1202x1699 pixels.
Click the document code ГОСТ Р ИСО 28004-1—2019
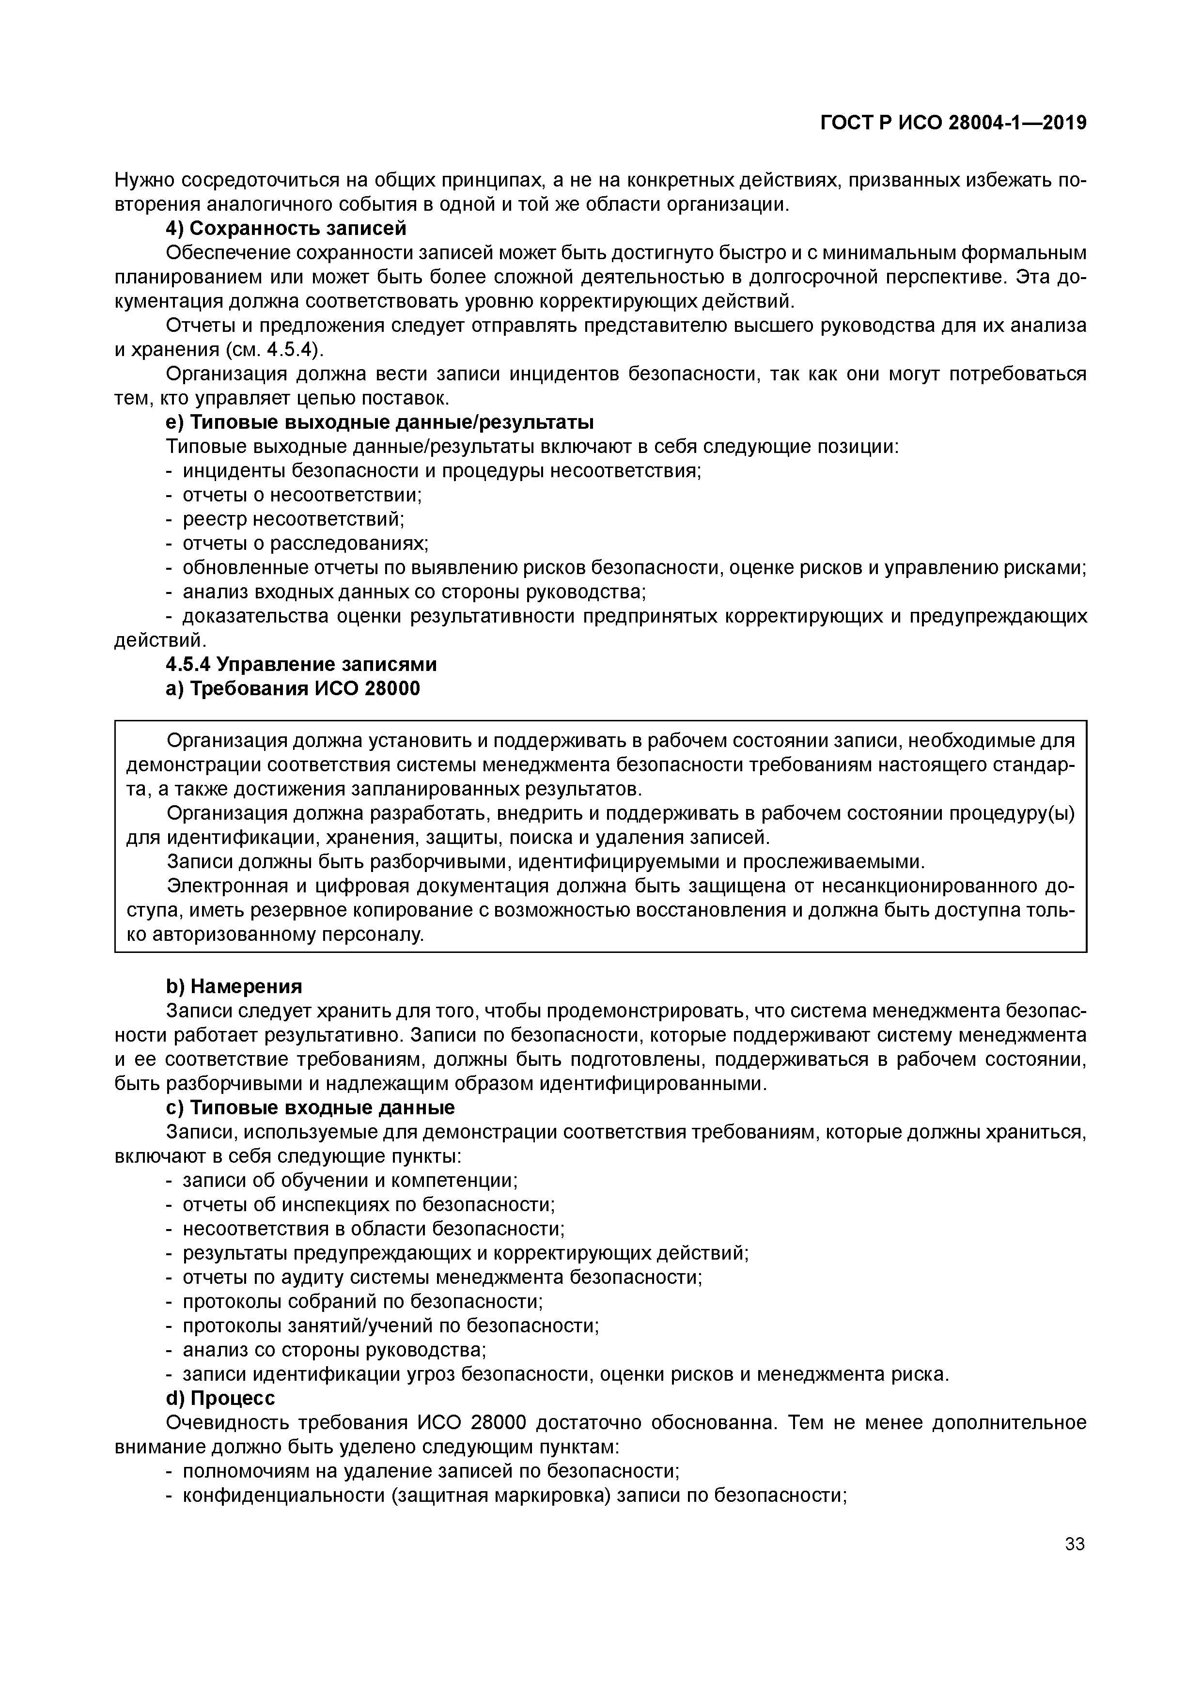pos(953,123)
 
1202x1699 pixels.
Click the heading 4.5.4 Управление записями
pos(301,665)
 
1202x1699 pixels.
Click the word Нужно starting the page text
pos(145,181)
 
